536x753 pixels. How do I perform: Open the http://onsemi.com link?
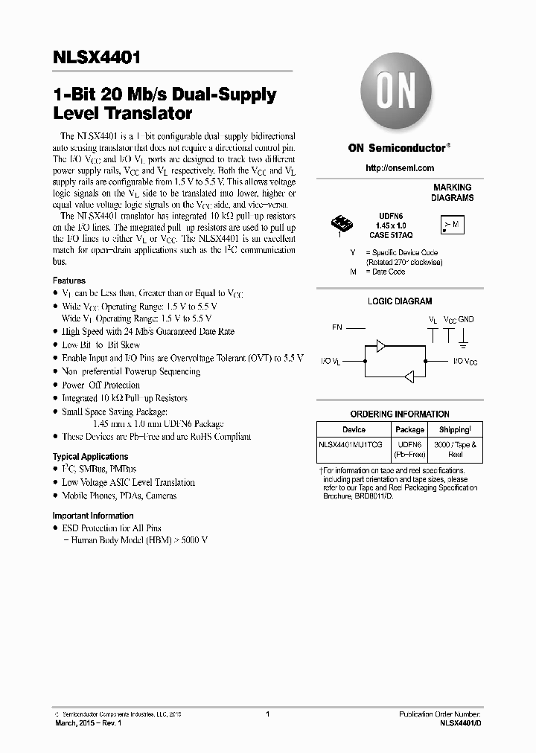pyautogui.click(x=400, y=168)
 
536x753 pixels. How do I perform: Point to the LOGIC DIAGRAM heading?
pyautogui.click(x=400, y=301)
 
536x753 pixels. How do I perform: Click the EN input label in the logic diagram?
pyautogui.click(x=337, y=327)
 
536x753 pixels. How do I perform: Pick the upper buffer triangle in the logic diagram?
pyautogui.click(x=381, y=345)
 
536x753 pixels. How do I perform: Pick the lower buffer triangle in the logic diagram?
pyautogui.click(x=409, y=375)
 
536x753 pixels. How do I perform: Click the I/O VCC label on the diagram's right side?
pyautogui.click(x=465, y=361)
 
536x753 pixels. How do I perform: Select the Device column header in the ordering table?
pyautogui.click(x=354, y=429)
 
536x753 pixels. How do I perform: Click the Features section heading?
pyautogui.click(x=68, y=281)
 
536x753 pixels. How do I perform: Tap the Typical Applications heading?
pyautogui.click(x=90, y=456)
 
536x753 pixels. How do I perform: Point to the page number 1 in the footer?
pyautogui.click(x=267, y=714)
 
